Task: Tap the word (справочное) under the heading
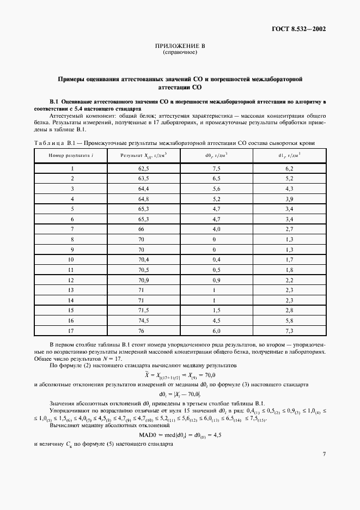pyautogui.click(x=180, y=53)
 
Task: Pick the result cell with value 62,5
pyautogui.click(x=144, y=169)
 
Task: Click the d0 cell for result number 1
pyautogui.click(x=216, y=169)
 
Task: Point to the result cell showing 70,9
pyautogui.click(x=144, y=277)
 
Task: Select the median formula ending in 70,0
pyautogui.click(x=180, y=375)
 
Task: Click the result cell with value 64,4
pyautogui.click(x=144, y=189)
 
